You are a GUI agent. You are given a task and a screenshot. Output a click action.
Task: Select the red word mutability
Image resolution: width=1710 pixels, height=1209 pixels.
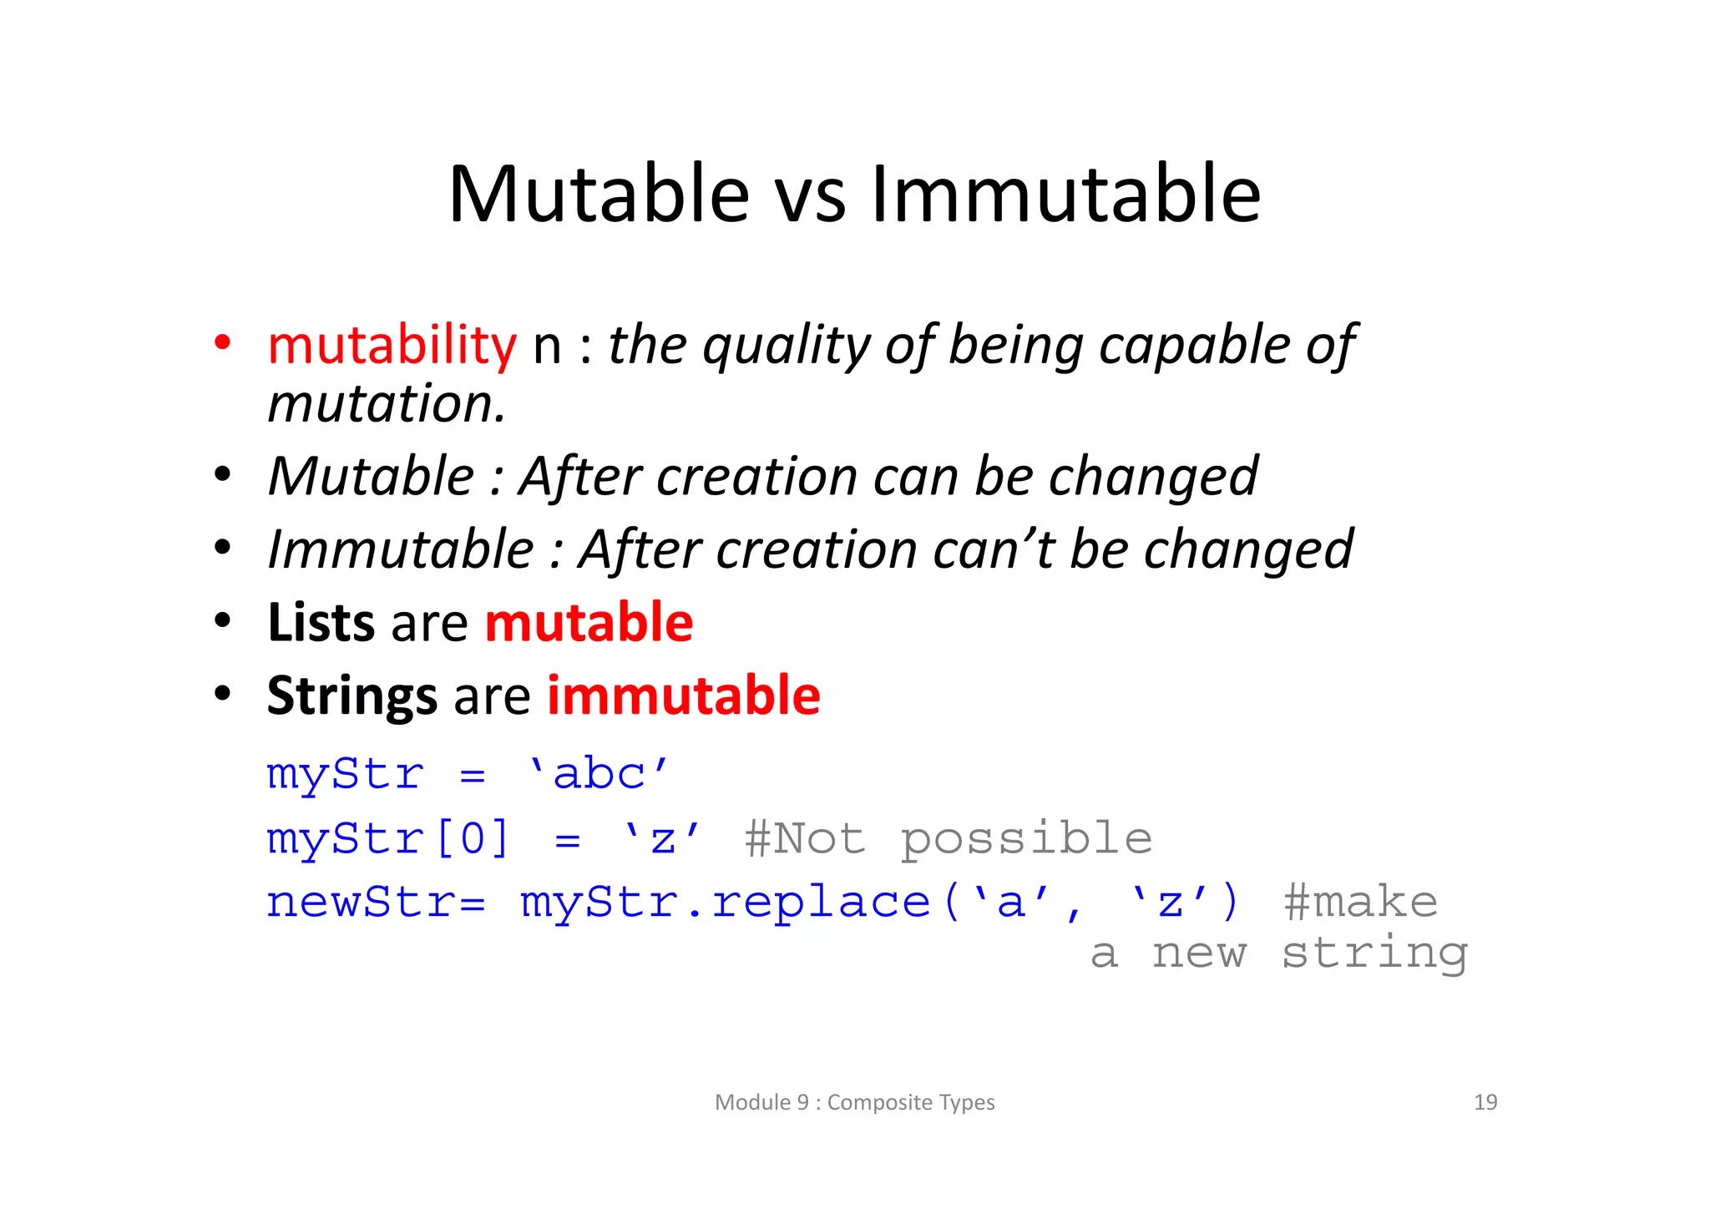(x=392, y=345)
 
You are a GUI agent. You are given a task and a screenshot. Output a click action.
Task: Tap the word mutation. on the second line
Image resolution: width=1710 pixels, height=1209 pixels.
(x=387, y=404)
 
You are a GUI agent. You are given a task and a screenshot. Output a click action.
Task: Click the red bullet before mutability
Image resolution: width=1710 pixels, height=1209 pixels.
(x=222, y=343)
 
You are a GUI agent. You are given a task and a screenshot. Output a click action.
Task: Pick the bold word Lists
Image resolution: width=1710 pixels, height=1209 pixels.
(x=321, y=623)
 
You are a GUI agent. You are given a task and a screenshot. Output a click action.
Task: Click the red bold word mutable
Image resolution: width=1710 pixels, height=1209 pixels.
(x=589, y=623)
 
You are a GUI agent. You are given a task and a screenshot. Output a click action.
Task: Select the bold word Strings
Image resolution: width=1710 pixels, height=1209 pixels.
(x=352, y=696)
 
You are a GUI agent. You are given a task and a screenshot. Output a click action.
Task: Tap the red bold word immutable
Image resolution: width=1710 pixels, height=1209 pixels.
(x=683, y=696)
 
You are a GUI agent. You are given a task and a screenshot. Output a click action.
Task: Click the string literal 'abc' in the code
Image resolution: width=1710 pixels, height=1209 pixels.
(x=599, y=774)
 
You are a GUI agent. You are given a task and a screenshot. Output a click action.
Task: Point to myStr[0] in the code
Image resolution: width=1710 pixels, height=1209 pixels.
(x=387, y=838)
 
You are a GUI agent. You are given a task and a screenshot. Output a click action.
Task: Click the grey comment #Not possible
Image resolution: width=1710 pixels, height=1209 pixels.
(x=948, y=838)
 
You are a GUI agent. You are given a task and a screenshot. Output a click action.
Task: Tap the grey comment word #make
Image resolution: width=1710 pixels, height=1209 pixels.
(x=1360, y=903)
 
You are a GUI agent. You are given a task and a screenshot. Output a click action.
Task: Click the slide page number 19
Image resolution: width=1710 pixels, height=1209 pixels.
(x=1485, y=1102)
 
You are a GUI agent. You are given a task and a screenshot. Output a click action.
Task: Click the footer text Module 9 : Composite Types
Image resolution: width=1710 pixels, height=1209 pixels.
(x=854, y=1102)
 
